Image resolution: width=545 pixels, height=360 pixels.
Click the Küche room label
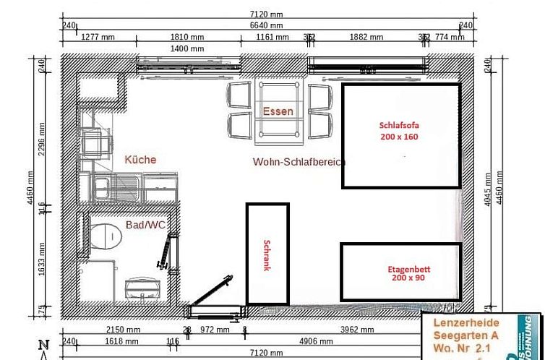(x=140, y=160)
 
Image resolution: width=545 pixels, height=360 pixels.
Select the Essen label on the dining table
(x=278, y=111)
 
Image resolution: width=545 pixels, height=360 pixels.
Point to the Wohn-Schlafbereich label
(x=299, y=162)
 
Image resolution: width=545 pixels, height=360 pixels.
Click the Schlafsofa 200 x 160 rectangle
(x=400, y=136)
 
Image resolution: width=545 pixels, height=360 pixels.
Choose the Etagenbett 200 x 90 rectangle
(x=400, y=272)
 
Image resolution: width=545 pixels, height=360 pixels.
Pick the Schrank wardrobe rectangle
(x=267, y=254)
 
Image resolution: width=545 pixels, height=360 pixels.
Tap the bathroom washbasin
(x=142, y=289)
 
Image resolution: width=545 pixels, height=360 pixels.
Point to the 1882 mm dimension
(x=367, y=37)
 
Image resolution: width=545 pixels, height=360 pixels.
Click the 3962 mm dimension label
(x=359, y=329)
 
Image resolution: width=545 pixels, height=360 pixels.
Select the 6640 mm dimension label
(x=270, y=25)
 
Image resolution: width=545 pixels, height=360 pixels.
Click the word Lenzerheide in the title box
(x=465, y=322)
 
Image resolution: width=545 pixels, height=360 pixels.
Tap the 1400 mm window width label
(x=187, y=48)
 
